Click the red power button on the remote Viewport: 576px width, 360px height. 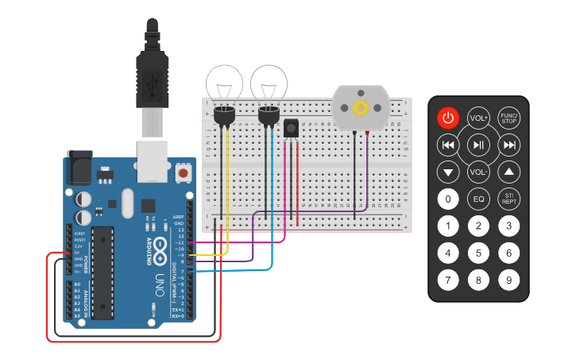(x=448, y=118)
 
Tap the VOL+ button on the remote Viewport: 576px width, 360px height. (x=478, y=118)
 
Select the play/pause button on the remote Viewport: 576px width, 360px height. (x=478, y=145)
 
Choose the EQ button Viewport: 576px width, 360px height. (x=478, y=199)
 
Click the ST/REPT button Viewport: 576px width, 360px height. (x=508, y=199)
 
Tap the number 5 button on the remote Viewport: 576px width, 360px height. (x=478, y=254)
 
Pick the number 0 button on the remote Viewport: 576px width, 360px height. (x=448, y=199)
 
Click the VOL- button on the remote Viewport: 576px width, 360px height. (x=478, y=171)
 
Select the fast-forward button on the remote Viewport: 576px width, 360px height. (x=508, y=145)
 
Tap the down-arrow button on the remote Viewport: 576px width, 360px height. (x=448, y=172)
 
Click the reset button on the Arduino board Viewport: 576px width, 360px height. (x=184, y=172)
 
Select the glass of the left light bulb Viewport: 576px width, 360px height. (x=225, y=83)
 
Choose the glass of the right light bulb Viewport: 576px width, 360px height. (x=269, y=83)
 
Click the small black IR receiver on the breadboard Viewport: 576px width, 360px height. (x=291, y=128)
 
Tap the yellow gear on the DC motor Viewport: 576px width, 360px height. (x=361, y=108)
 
